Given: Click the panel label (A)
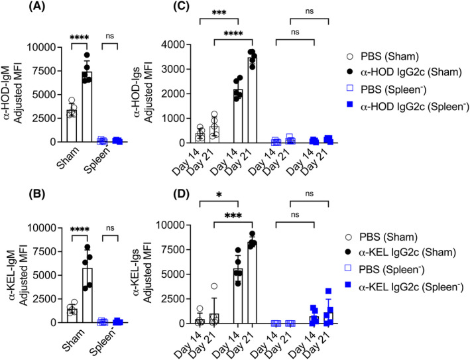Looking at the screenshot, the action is tap(37, 7).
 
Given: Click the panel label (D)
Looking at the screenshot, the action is tap(182, 194).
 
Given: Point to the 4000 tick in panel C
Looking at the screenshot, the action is tap(171, 44).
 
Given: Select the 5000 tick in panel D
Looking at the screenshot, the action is tap(168, 274).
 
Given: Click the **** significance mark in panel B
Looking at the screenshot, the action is tap(80, 230).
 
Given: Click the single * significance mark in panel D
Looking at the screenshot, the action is tap(219, 195).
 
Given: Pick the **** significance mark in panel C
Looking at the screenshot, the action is tap(233, 33).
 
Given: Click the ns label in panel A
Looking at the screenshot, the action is tap(109, 36).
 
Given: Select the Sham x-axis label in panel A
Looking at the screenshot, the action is tap(68, 157).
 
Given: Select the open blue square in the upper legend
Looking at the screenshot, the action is tap(349, 88).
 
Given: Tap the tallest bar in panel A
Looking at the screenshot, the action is tap(87, 107).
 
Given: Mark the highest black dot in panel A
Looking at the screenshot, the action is tap(87, 55).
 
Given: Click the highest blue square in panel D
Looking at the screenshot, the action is tap(329, 291).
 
